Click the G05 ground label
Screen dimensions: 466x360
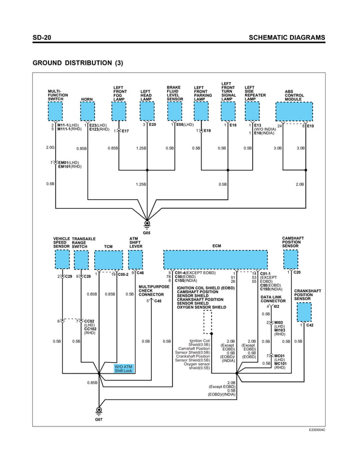coord(147,232)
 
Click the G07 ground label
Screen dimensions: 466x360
coord(99,420)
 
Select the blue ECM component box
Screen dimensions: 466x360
coord(215,260)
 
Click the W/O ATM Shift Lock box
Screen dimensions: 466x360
coord(124,368)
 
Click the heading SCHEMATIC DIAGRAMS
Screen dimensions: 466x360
coord(287,38)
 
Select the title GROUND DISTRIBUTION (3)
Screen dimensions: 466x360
coord(78,63)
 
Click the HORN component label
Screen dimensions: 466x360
coord(87,99)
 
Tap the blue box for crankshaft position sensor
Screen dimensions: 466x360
coord(304,311)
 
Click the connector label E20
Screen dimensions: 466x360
coord(152,125)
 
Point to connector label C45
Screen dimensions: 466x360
coord(158,301)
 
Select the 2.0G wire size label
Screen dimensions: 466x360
coord(50,148)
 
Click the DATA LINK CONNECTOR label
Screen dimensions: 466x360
coord(273,299)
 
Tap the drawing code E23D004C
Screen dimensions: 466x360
coord(317,430)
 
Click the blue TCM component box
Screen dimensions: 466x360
coord(108,260)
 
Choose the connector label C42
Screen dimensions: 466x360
coord(310,325)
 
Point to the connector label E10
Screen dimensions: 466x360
coord(310,126)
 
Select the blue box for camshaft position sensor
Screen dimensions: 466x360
coord(290,259)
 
